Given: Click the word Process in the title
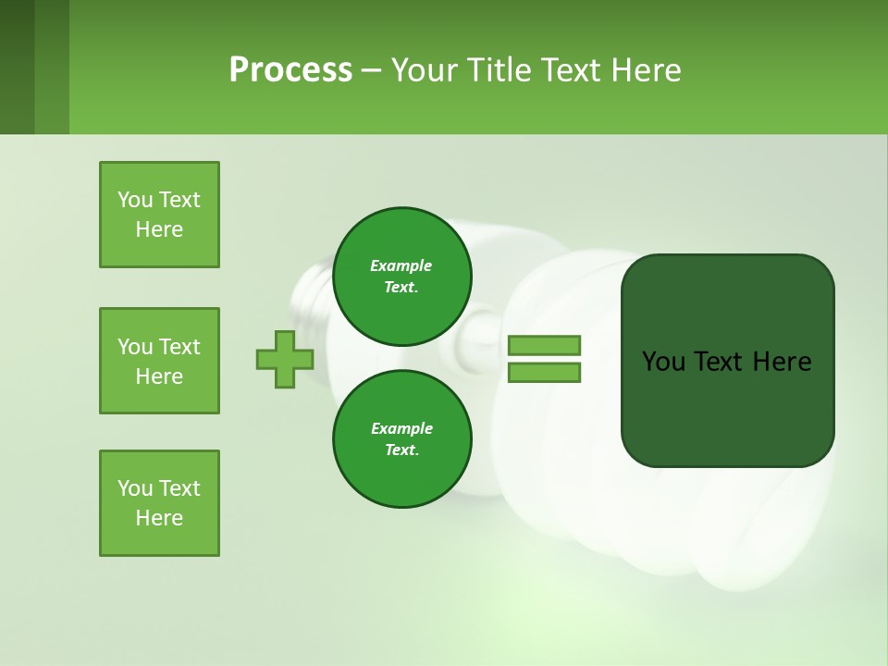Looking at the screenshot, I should click(290, 70).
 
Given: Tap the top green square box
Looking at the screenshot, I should click(159, 215).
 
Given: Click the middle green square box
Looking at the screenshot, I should click(159, 361).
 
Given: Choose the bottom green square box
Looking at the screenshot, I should click(159, 503).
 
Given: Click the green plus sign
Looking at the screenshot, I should click(285, 359).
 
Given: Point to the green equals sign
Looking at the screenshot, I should click(544, 359).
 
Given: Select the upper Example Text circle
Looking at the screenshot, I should click(401, 277).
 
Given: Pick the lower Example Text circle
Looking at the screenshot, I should click(401, 439).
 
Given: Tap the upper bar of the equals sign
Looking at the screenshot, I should click(544, 346).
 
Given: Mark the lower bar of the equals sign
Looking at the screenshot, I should click(544, 373).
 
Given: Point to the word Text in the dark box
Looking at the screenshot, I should click(718, 362).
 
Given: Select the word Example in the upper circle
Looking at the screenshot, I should click(401, 266).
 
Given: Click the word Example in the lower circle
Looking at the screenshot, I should click(401, 429).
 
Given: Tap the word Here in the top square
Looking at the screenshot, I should click(159, 229).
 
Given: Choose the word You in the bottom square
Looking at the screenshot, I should click(134, 488).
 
